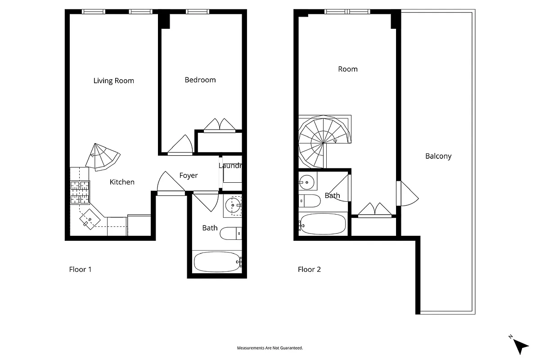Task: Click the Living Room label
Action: (113, 81)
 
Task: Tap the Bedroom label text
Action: (200, 80)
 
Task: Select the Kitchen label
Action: (122, 182)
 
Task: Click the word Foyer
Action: (188, 175)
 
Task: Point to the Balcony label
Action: (438, 157)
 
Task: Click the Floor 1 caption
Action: (80, 270)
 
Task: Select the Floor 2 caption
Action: (309, 270)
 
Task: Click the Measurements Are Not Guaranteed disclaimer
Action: (270, 348)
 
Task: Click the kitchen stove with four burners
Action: (80, 193)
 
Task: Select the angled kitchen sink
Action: (90, 220)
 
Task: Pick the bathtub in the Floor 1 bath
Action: (217, 262)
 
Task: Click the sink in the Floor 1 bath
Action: (233, 206)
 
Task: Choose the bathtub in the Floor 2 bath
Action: (322, 224)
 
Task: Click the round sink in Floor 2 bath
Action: (307, 182)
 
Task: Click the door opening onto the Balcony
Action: (407, 193)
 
